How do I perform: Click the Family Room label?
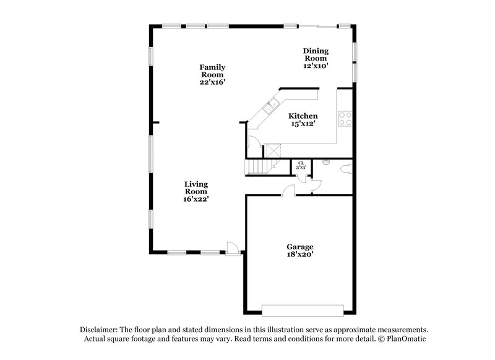tap(212, 71)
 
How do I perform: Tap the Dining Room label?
tap(315, 54)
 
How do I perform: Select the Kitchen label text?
tap(304, 116)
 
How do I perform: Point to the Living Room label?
tap(196, 187)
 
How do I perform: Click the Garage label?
tap(299, 246)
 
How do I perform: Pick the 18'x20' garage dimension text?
tap(299, 254)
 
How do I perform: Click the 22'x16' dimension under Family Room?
tap(212, 82)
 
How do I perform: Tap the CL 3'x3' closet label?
tap(301, 165)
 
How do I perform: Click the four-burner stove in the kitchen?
tap(345, 118)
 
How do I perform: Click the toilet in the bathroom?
tap(346, 168)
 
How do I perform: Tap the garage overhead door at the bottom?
tap(303, 309)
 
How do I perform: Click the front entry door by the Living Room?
tap(233, 248)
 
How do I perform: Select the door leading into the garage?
tap(289, 191)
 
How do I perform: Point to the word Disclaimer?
tap(99, 330)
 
